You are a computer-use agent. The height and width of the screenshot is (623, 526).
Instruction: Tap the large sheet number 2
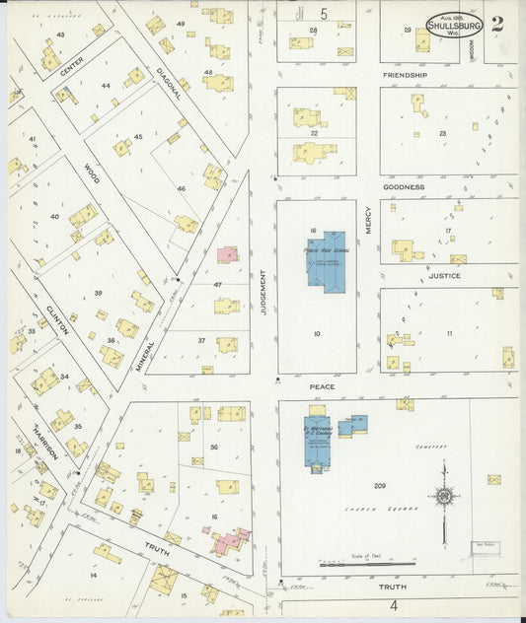[496, 25]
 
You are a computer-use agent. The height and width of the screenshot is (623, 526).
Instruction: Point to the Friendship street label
[406, 75]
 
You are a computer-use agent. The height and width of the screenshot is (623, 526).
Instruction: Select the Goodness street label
[405, 186]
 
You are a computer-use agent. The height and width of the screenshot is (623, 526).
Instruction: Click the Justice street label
[444, 276]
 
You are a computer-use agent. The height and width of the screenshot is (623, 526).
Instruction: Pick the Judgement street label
[264, 294]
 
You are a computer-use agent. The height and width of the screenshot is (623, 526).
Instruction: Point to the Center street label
[72, 67]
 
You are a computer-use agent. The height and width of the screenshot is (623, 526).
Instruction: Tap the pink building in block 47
[228, 254]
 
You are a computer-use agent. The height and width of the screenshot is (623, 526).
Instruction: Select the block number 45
[138, 136]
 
